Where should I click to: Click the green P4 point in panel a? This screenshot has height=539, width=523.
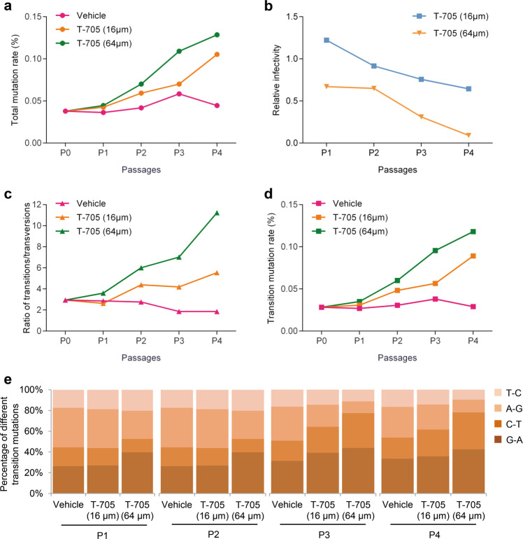click(217, 35)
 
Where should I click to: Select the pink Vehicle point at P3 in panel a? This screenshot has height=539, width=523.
click(179, 94)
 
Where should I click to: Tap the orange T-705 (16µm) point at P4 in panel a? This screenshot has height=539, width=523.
click(217, 55)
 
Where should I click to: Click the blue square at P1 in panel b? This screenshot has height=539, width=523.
click(327, 40)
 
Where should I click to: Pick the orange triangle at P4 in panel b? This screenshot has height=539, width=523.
click(468, 135)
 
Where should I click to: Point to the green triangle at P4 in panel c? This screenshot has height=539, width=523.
click(217, 213)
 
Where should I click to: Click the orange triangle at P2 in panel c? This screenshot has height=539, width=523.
click(141, 285)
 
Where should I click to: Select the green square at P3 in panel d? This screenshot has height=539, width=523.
click(435, 251)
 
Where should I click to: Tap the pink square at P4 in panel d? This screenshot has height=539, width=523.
click(473, 307)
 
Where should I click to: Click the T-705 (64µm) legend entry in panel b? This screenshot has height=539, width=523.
click(450, 34)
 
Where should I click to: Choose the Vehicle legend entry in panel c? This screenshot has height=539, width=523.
click(80, 204)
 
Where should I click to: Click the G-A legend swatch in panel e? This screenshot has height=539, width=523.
click(498, 440)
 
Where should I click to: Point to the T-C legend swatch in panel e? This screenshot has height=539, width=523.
click(498, 393)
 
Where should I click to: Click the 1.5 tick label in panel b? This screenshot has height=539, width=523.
click(292, 17)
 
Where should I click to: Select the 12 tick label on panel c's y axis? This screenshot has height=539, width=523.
click(36, 204)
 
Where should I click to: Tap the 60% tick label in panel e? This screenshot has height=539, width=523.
click(31, 431)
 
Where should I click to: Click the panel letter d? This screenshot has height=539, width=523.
click(268, 194)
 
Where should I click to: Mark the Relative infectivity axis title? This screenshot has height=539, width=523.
click(276, 80)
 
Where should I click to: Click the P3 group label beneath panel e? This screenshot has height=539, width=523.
click(324, 535)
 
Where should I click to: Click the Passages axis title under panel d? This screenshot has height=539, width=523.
click(397, 358)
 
